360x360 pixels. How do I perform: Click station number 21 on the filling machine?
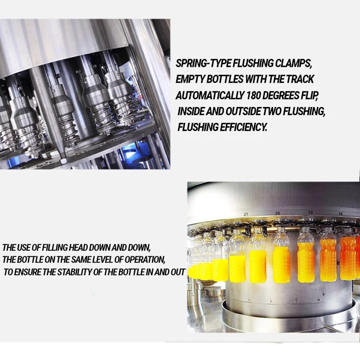246,214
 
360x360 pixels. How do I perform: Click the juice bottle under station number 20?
281,259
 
